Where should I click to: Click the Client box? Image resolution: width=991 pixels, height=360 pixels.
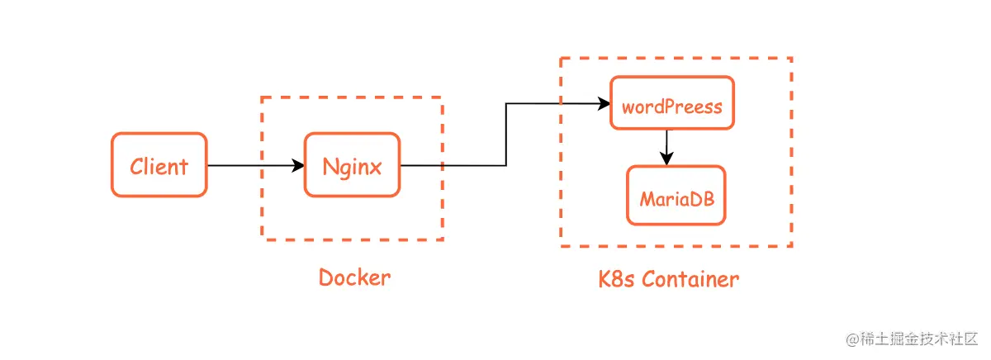point(159,165)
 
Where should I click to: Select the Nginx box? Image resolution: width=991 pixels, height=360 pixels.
point(352,165)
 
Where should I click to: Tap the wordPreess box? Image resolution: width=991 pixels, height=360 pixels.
point(671,103)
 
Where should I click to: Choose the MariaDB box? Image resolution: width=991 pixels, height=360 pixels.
point(676,196)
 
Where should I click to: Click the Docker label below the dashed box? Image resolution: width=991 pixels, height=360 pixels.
point(354,277)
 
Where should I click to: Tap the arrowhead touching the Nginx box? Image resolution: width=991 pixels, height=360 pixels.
point(299,165)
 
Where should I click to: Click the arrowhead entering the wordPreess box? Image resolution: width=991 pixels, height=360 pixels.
point(605,104)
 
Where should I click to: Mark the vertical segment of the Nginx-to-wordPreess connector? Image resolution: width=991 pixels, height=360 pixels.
point(506,135)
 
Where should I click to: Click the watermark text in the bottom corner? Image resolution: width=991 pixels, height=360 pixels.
point(911,339)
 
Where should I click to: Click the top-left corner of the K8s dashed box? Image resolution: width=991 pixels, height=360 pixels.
point(561,58)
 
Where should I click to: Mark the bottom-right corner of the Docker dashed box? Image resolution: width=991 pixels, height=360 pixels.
point(442,239)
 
